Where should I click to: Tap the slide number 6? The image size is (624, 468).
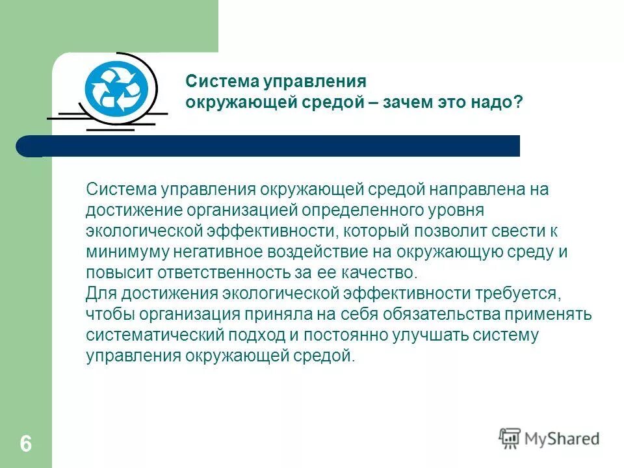(25, 444)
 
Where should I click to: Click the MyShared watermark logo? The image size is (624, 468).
(549, 437)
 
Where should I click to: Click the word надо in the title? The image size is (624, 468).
(498, 103)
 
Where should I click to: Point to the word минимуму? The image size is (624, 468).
(122, 252)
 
